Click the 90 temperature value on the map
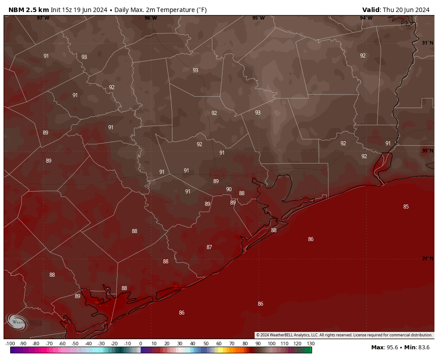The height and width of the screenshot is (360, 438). click(229, 189)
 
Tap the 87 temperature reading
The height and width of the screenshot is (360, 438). click(209, 247)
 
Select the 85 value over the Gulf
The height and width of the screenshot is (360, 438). click(406, 207)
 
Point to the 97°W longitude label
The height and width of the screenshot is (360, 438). click(43, 18)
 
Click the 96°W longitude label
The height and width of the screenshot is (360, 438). click(151, 18)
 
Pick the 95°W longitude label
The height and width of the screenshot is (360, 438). click(259, 18)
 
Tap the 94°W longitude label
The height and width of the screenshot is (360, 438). click(366, 18)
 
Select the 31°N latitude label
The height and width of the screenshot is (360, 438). click(427, 43)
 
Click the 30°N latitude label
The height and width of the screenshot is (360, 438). click(427, 151)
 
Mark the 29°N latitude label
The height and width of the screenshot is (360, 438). click(427, 259)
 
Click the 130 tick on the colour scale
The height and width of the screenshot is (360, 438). click(310, 344)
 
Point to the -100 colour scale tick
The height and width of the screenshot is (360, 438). click(10, 344)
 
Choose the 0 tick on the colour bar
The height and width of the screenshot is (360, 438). click(141, 344)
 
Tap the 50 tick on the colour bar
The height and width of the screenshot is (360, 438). click(206, 344)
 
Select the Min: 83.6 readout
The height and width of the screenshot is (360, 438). click(418, 348)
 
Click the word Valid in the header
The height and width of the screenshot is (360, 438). click(371, 10)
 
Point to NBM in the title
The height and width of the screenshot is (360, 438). click(16, 10)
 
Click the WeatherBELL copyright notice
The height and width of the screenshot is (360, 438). click(344, 335)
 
